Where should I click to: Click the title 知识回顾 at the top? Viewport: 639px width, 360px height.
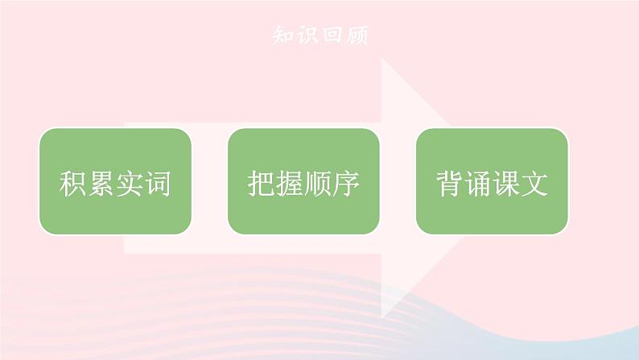(x=319, y=36)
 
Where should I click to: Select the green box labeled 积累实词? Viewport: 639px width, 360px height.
(x=115, y=181)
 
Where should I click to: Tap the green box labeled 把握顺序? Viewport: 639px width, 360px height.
(x=303, y=181)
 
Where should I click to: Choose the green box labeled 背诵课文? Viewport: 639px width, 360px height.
(x=492, y=181)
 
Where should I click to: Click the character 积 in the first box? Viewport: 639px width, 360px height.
(x=73, y=184)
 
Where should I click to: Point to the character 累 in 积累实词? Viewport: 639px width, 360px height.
(x=101, y=184)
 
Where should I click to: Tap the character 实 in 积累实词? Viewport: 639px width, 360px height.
(x=130, y=184)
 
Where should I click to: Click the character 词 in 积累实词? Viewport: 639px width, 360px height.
(x=158, y=184)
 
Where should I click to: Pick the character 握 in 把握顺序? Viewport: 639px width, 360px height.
(x=290, y=184)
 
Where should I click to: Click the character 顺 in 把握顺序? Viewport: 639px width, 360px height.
(x=318, y=184)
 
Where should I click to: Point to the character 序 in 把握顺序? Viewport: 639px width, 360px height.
(x=346, y=184)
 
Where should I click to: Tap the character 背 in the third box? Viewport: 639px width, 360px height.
(x=450, y=184)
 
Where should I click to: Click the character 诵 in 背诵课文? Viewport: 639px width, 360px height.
(x=478, y=184)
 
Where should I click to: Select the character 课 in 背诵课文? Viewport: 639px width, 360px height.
(x=506, y=184)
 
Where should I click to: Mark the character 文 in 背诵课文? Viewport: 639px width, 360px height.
(x=534, y=184)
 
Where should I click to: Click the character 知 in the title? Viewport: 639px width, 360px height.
(x=284, y=36)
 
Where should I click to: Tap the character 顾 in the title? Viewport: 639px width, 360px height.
(x=355, y=36)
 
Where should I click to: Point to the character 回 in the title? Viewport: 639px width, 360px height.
(x=332, y=36)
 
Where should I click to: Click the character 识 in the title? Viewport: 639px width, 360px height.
(x=307, y=36)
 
